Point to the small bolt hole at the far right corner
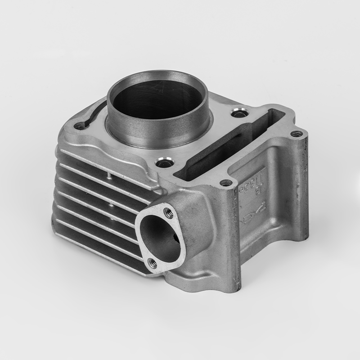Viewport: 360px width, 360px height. point(296,133)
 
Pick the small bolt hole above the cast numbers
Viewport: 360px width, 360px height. point(226,183)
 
